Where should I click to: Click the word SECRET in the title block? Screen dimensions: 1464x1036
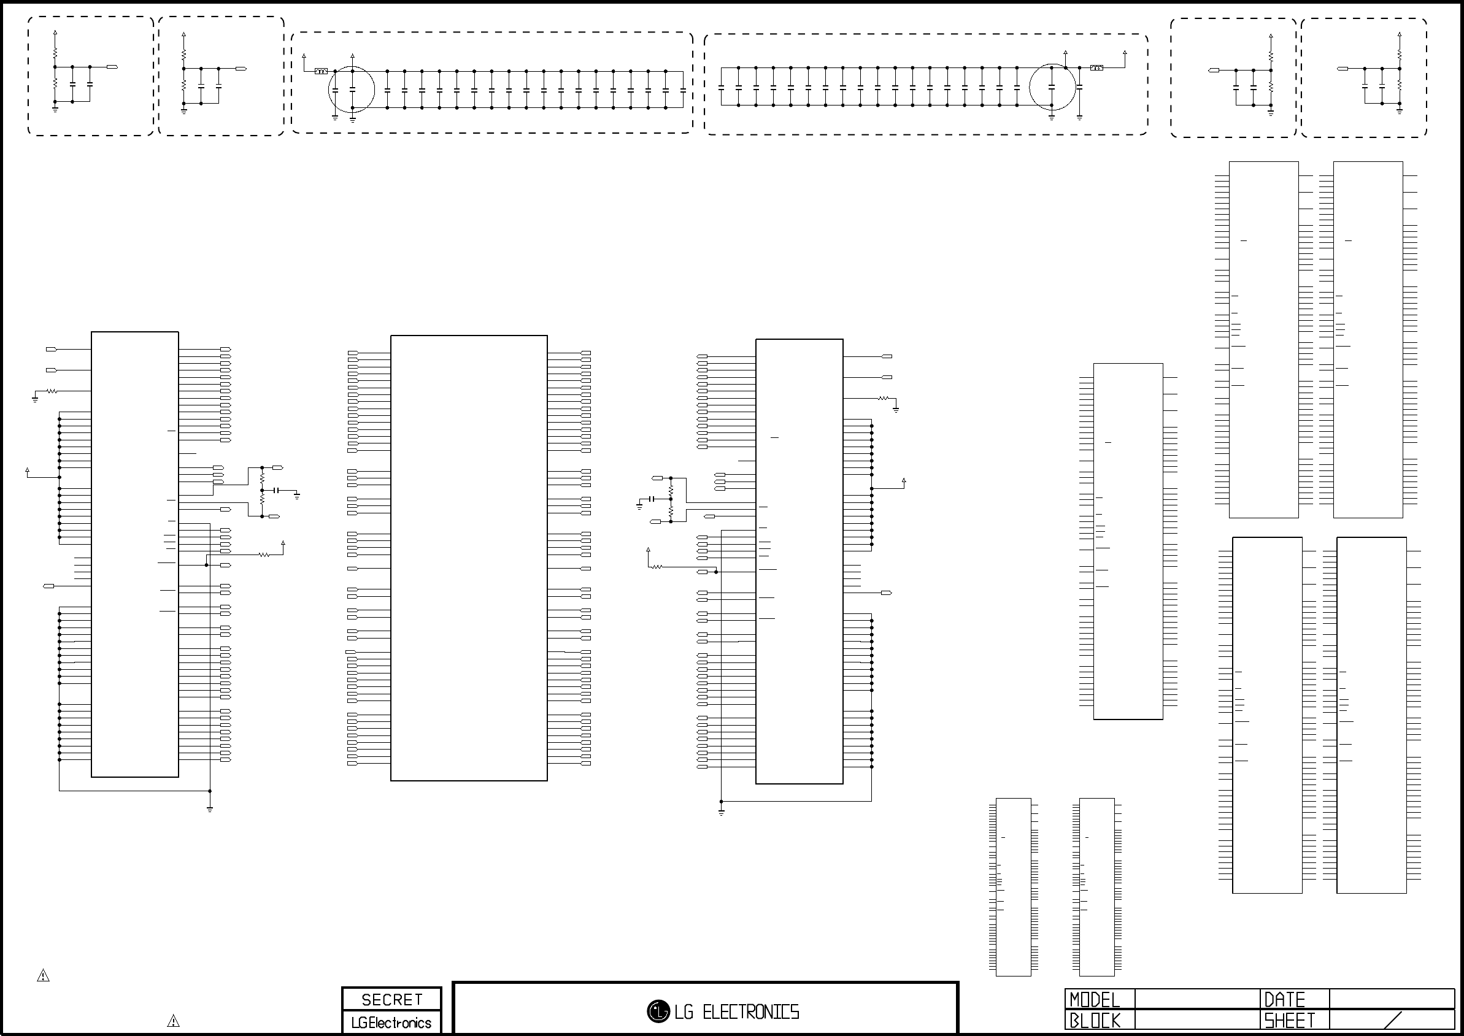click(392, 999)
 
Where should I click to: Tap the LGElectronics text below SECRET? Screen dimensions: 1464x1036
click(391, 1023)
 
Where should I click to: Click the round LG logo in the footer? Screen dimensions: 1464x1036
click(658, 1011)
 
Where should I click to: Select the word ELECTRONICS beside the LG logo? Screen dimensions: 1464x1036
click(750, 1011)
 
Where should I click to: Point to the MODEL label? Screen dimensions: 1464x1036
click(1095, 1000)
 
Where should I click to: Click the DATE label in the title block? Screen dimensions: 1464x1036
click(1285, 1000)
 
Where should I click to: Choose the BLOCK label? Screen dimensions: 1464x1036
click(1095, 1021)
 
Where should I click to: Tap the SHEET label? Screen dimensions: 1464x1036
click(1290, 1021)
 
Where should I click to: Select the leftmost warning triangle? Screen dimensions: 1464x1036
click(43, 975)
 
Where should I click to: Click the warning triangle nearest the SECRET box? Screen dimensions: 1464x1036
click(173, 1021)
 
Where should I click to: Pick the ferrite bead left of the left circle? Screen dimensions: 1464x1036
click(321, 71)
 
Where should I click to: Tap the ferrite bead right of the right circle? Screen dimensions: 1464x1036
click(1096, 67)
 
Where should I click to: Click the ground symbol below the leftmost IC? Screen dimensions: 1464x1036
click(210, 808)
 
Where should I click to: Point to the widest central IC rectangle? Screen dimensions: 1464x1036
click(469, 558)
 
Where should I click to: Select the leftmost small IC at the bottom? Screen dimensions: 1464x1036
click(1014, 887)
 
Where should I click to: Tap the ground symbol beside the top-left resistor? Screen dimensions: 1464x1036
click(35, 399)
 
